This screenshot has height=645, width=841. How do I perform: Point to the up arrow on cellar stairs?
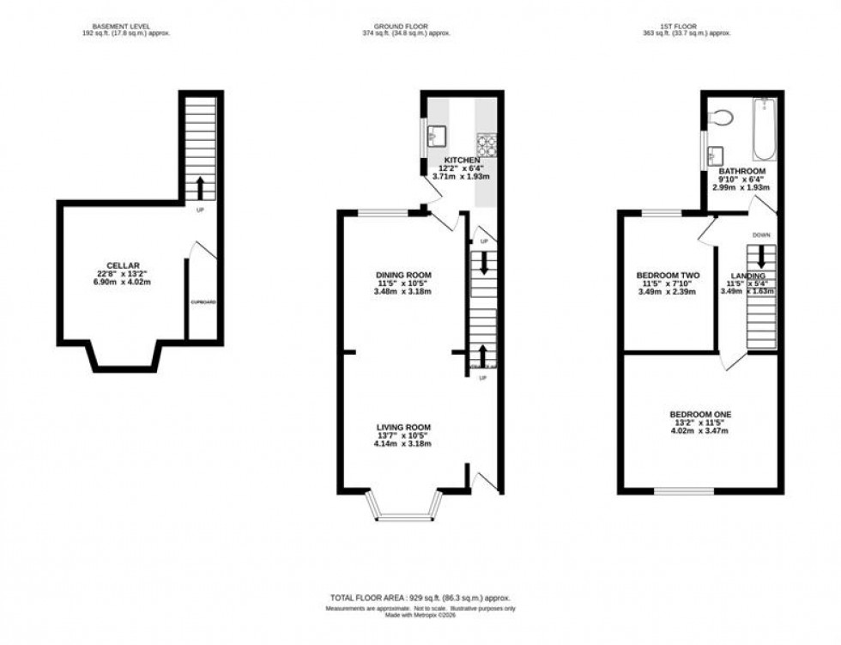tap(201, 187)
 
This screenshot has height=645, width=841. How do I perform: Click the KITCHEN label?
tap(463, 160)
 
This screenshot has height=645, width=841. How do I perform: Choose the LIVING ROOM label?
tap(402, 427)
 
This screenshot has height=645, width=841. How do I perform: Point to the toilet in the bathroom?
tap(720, 118)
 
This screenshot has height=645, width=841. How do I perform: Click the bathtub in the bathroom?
tap(765, 130)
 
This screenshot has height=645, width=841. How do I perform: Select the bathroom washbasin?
tap(715, 156)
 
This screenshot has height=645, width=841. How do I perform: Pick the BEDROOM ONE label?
tap(699, 414)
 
